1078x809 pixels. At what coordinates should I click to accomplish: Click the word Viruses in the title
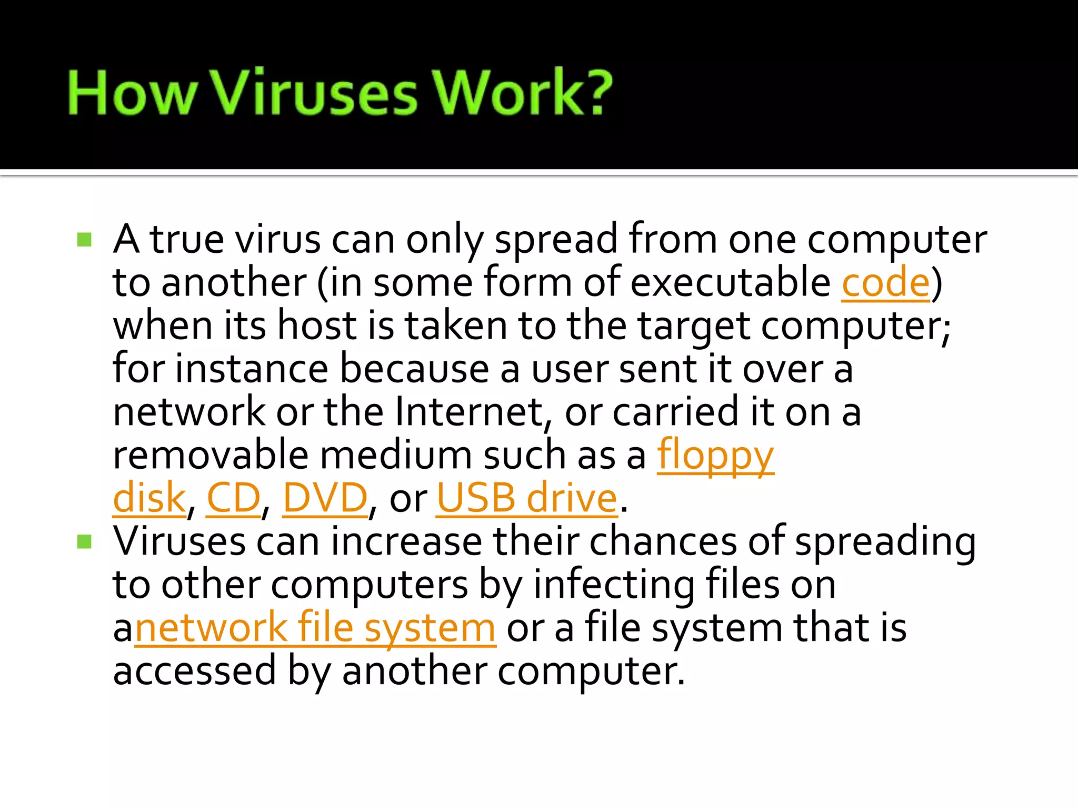[315, 94]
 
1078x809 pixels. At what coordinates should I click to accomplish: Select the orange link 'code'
[886, 283]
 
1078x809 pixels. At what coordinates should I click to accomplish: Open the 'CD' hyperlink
[233, 498]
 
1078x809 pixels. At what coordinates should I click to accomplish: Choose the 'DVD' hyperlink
[325, 498]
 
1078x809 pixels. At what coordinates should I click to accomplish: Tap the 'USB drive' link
[526, 498]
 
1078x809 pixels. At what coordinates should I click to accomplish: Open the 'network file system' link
[315, 628]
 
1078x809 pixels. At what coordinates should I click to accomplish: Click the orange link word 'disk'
[149, 498]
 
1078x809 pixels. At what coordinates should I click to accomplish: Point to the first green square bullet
[84, 240]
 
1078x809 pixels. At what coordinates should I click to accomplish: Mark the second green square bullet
[84, 542]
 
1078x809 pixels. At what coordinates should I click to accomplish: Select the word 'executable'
[730, 283]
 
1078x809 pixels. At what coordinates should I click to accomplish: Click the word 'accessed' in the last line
[194, 671]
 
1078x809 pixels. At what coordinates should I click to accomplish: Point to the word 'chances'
[663, 542]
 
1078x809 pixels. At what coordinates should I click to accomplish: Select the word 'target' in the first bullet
[694, 326]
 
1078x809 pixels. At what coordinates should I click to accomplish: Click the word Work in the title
[510, 94]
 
